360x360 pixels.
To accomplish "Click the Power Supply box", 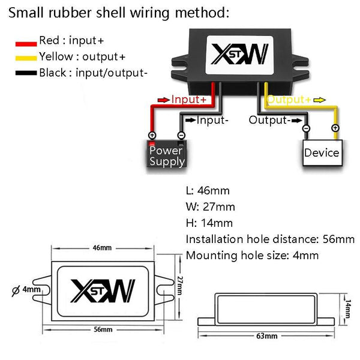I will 167,155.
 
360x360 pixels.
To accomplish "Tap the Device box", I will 322,152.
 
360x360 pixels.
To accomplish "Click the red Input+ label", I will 188,99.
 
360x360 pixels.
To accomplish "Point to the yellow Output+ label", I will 289,99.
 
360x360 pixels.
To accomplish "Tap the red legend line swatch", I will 26,42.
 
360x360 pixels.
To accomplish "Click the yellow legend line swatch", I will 26,58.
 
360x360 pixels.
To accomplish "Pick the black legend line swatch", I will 26,74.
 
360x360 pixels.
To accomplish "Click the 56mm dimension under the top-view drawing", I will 103,329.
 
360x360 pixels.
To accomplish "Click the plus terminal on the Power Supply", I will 152,136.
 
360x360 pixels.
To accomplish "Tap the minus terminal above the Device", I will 306,128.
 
